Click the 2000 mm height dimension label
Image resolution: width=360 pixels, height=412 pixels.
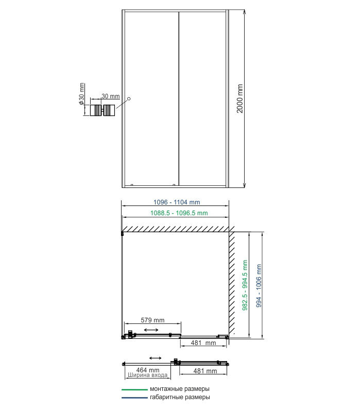[x=239, y=98]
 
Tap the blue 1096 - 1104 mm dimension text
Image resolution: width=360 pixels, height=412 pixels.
[x=177, y=202]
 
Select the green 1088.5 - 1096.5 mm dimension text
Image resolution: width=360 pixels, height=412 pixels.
[x=179, y=213]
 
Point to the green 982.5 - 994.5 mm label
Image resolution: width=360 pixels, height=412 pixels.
[x=245, y=285]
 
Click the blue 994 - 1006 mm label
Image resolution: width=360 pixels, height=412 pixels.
[x=259, y=286]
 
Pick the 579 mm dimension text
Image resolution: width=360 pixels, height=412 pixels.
[x=152, y=320]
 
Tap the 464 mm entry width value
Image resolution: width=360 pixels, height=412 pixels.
[x=148, y=370]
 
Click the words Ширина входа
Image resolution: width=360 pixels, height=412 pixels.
[x=147, y=375]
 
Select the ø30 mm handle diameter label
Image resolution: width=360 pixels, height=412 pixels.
[x=81, y=94]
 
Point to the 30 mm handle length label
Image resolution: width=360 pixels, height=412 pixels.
[x=111, y=96]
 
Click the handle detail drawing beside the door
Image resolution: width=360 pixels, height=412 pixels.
[x=102, y=110]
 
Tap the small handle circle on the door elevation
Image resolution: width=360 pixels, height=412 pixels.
[x=129, y=99]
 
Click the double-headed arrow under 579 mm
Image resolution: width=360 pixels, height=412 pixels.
[x=151, y=330]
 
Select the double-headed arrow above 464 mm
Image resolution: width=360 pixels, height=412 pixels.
[x=156, y=358]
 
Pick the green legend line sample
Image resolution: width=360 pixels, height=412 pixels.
[x=134, y=390]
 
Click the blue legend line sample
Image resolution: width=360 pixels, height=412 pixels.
[x=134, y=398]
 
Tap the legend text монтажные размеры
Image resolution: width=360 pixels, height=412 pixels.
[x=180, y=389]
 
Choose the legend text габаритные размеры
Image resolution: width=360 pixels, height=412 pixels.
[x=180, y=397]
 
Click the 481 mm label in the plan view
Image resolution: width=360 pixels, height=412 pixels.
[x=203, y=343]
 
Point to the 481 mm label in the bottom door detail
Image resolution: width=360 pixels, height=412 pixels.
[x=205, y=371]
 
